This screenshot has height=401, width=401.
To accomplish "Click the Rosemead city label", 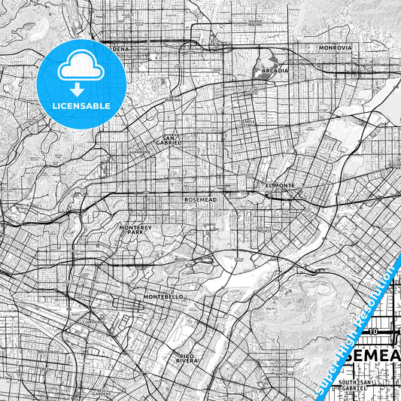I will pos(199,201).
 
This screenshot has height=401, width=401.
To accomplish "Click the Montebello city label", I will pos(163,297).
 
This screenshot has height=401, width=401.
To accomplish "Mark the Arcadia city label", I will pos(275,71).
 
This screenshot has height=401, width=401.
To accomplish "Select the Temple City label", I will pos(249,123).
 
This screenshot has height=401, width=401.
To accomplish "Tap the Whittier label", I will pos(283,374).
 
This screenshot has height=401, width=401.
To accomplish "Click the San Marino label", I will pos(173,99).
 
